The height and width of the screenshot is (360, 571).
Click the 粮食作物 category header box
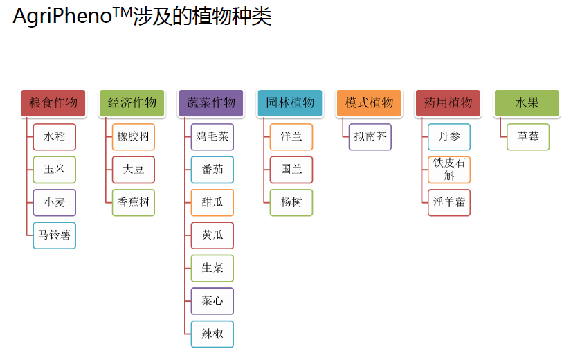coord(53,103)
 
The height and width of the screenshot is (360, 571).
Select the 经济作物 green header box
coord(132,103)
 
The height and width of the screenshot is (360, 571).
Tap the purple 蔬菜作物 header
coord(211,103)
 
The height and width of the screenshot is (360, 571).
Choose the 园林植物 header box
coord(290,103)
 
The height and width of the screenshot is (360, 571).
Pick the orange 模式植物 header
coord(369,103)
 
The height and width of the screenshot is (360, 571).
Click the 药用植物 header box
coord(448,103)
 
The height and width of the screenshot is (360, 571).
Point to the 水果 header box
coord(527,103)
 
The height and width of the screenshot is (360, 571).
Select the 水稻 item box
coord(55,137)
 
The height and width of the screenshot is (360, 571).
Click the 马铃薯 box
coord(55,235)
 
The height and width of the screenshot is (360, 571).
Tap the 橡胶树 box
coord(134,137)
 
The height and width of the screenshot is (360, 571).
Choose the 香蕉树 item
coord(134,203)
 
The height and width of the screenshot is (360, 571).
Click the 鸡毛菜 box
coord(212,137)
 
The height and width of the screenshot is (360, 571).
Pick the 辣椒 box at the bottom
coord(212,334)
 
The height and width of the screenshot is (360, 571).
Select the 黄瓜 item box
coord(212,235)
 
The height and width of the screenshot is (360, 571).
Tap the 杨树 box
coord(291,203)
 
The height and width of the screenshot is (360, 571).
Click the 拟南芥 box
coord(370,137)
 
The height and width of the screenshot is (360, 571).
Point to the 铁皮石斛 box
coord(449,170)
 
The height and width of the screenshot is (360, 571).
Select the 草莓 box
coord(528,137)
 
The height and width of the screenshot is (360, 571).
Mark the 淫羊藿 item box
coord(449,203)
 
